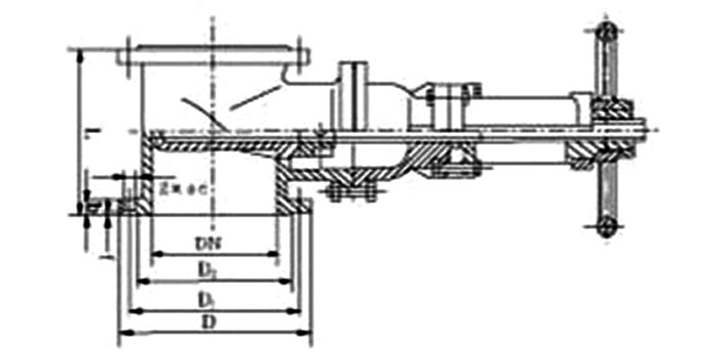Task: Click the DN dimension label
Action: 207,242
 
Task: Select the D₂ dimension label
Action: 207,269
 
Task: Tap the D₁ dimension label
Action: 207,298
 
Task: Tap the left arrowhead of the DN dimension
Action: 154,254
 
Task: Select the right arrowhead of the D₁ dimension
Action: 300,311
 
